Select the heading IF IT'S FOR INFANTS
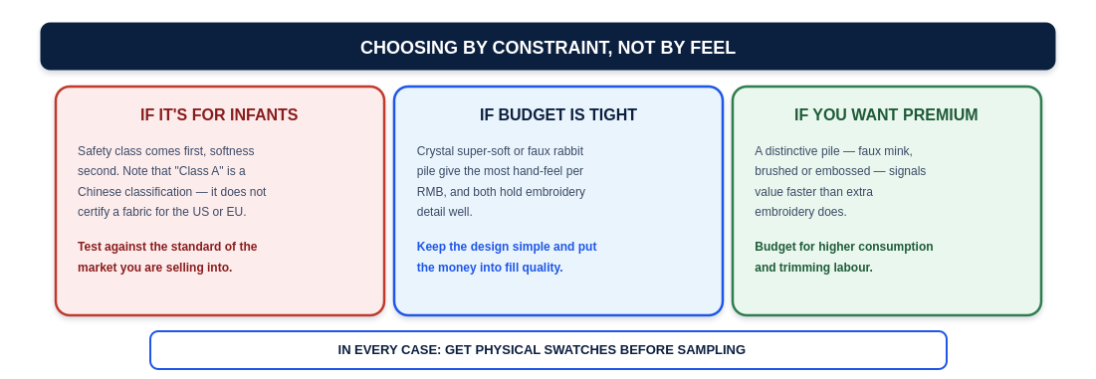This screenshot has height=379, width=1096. pos(219,114)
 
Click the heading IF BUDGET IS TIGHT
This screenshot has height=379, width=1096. pos(557,114)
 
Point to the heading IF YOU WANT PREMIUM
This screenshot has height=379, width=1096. pos(886,114)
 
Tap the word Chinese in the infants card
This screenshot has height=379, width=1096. pos(99,191)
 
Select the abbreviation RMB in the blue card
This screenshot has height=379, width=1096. pos(428,191)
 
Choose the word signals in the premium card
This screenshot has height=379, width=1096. pos(907,171)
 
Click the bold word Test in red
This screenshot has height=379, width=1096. pos(89,247)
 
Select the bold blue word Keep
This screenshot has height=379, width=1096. pos(430,247)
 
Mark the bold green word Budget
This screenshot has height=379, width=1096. pos(774,247)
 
